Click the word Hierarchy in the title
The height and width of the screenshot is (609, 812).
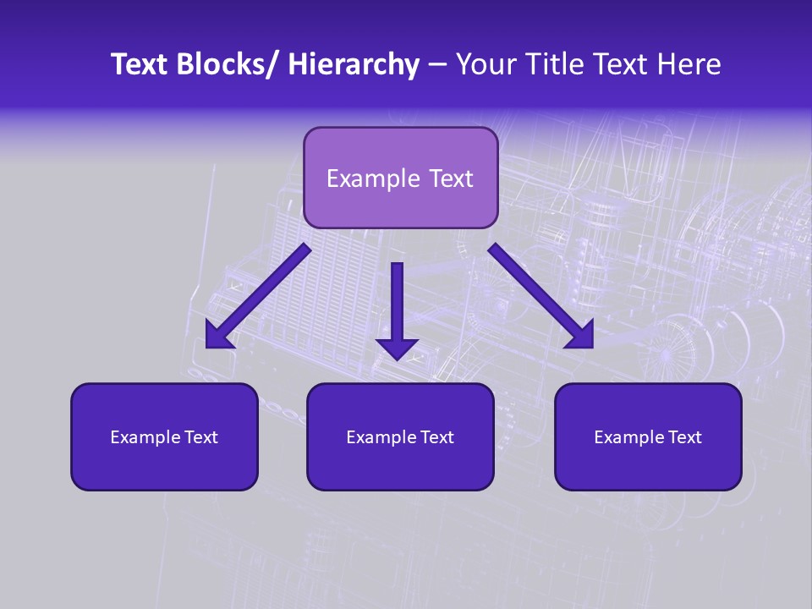353,64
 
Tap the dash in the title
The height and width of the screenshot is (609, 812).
436,65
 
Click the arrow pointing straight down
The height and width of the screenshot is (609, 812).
397,304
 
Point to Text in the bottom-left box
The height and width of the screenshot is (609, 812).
200,437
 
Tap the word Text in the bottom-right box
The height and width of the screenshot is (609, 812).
684,437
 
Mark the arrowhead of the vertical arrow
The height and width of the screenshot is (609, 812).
397,347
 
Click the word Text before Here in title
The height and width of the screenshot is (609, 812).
624,64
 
